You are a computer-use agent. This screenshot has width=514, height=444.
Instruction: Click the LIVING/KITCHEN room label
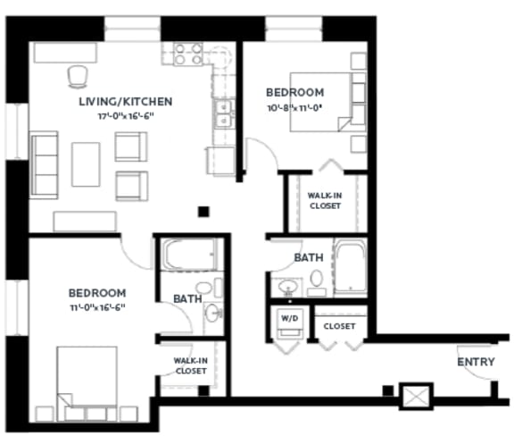click(125, 101)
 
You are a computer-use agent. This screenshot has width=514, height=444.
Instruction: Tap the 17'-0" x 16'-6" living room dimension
click(125, 116)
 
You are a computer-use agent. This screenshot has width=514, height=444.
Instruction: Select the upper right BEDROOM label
click(295, 92)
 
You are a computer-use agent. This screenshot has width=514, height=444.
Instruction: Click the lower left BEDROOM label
click(97, 292)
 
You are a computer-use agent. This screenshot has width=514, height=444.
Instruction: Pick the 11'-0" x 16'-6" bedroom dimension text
click(97, 307)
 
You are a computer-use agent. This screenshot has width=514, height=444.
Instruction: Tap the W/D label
click(291, 318)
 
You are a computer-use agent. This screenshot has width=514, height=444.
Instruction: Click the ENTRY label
click(476, 362)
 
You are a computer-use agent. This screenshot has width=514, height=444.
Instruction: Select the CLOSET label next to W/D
click(340, 326)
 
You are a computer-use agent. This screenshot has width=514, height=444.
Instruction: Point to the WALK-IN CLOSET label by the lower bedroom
click(190, 365)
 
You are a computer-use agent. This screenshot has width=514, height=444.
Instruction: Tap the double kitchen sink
click(222, 114)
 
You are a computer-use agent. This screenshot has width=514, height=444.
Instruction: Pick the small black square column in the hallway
click(203, 212)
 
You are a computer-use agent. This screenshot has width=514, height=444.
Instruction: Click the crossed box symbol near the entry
click(417, 394)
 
